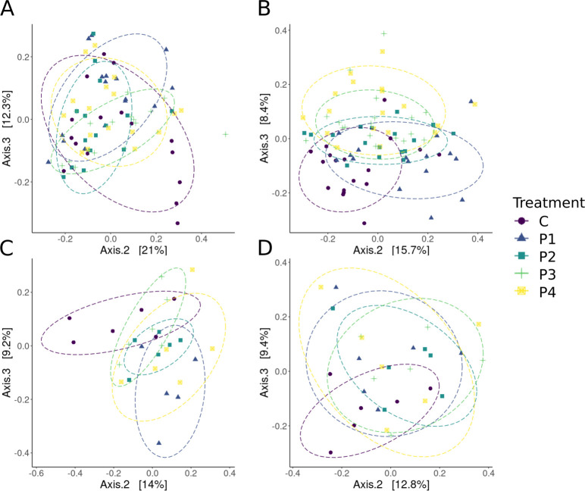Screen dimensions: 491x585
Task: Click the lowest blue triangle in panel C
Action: point(159,443)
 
